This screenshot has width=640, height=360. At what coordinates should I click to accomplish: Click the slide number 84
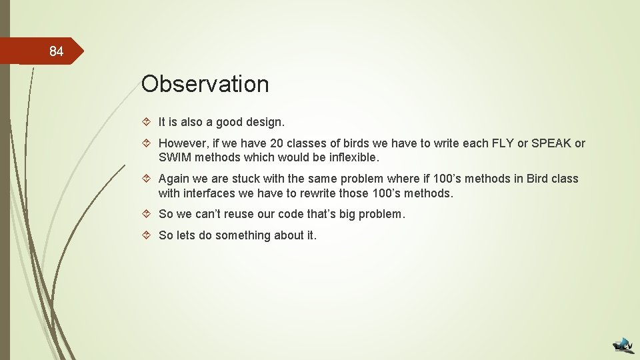click(x=56, y=52)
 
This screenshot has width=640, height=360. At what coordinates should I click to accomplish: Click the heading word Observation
click(x=205, y=85)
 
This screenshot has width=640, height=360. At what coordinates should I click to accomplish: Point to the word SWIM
click(x=174, y=157)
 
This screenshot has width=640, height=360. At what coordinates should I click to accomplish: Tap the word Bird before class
click(x=539, y=179)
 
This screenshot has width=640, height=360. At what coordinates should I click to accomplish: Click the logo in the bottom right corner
click(x=624, y=345)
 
